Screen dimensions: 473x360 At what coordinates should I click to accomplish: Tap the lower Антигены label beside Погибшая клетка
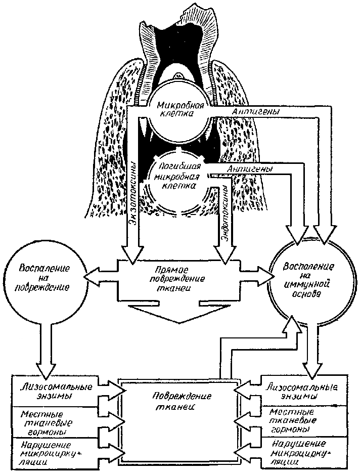coord(248,168)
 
